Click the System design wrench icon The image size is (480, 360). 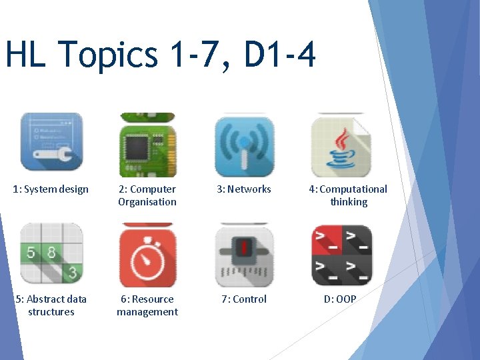click(51, 141)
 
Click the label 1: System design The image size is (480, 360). click(51, 189)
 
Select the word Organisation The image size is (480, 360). click(147, 202)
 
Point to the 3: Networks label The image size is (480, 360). click(243, 189)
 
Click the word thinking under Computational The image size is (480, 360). click(349, 202)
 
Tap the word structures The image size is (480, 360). click(51, 312)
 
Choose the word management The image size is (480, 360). click(147, 312)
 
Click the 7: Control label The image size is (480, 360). click(244, 299)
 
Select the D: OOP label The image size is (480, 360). click(340, 299)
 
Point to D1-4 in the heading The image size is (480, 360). click(279, 55)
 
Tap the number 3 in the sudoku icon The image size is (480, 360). click(72, 272)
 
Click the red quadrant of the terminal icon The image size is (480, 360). click(327, 240)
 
